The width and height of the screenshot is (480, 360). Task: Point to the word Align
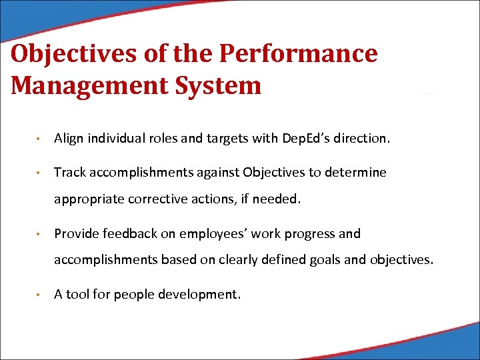[67, 139]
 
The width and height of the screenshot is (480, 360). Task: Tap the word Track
[69, 173]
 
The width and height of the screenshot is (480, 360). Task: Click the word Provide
[75, 234]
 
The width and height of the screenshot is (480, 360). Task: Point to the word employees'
[212, 234]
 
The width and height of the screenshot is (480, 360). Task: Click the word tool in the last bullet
[77, 295]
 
